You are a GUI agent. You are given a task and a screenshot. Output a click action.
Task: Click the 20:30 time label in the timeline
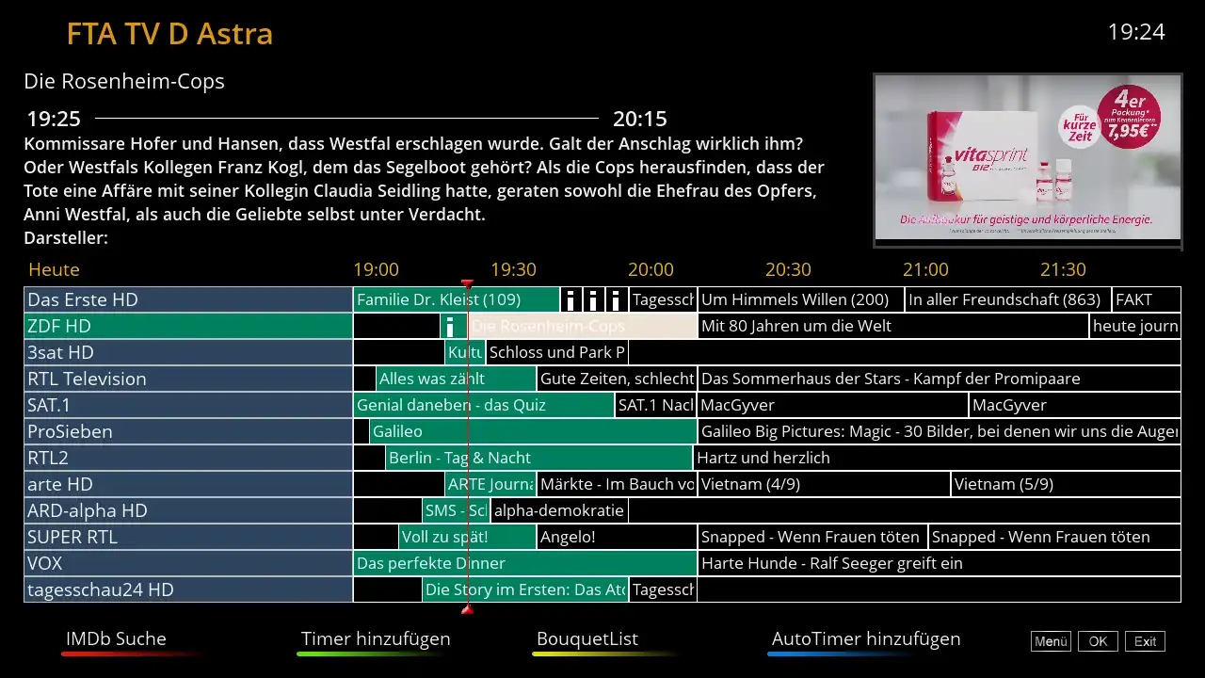click(788, 269)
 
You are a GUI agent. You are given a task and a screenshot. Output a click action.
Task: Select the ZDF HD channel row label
click(188, 326)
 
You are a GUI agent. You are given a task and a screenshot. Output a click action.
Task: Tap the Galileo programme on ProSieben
click(533, 431)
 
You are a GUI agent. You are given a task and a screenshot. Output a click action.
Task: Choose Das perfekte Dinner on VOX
click(524, 563)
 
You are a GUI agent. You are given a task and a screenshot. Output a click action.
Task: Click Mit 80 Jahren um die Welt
click(892, 326)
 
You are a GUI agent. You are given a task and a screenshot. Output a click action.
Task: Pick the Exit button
click(1145, 641)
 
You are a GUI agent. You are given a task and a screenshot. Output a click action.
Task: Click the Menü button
click(1051, 641)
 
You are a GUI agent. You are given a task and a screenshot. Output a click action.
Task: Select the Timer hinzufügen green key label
click(376, 639)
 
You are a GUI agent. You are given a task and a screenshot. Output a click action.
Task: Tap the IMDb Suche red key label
click(116, 639)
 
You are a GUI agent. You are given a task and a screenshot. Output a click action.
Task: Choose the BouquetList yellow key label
click(587, 639)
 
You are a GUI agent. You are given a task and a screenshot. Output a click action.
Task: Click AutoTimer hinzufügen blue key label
click(866, 639)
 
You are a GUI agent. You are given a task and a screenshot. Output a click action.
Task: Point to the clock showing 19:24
click(1136, 32)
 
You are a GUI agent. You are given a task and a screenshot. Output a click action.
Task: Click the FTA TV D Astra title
click(169, 34)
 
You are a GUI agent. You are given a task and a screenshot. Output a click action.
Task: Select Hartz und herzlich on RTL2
click(936, 458)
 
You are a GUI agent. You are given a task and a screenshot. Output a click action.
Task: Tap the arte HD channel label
click(188, 484)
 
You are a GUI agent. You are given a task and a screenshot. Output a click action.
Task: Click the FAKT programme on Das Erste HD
click(1146, 299)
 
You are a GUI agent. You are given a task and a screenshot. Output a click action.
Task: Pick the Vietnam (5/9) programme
click(1065, 484)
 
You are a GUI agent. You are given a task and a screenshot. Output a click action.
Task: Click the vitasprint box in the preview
click(979, 160)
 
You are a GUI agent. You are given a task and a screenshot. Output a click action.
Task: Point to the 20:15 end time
click(640, 120)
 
